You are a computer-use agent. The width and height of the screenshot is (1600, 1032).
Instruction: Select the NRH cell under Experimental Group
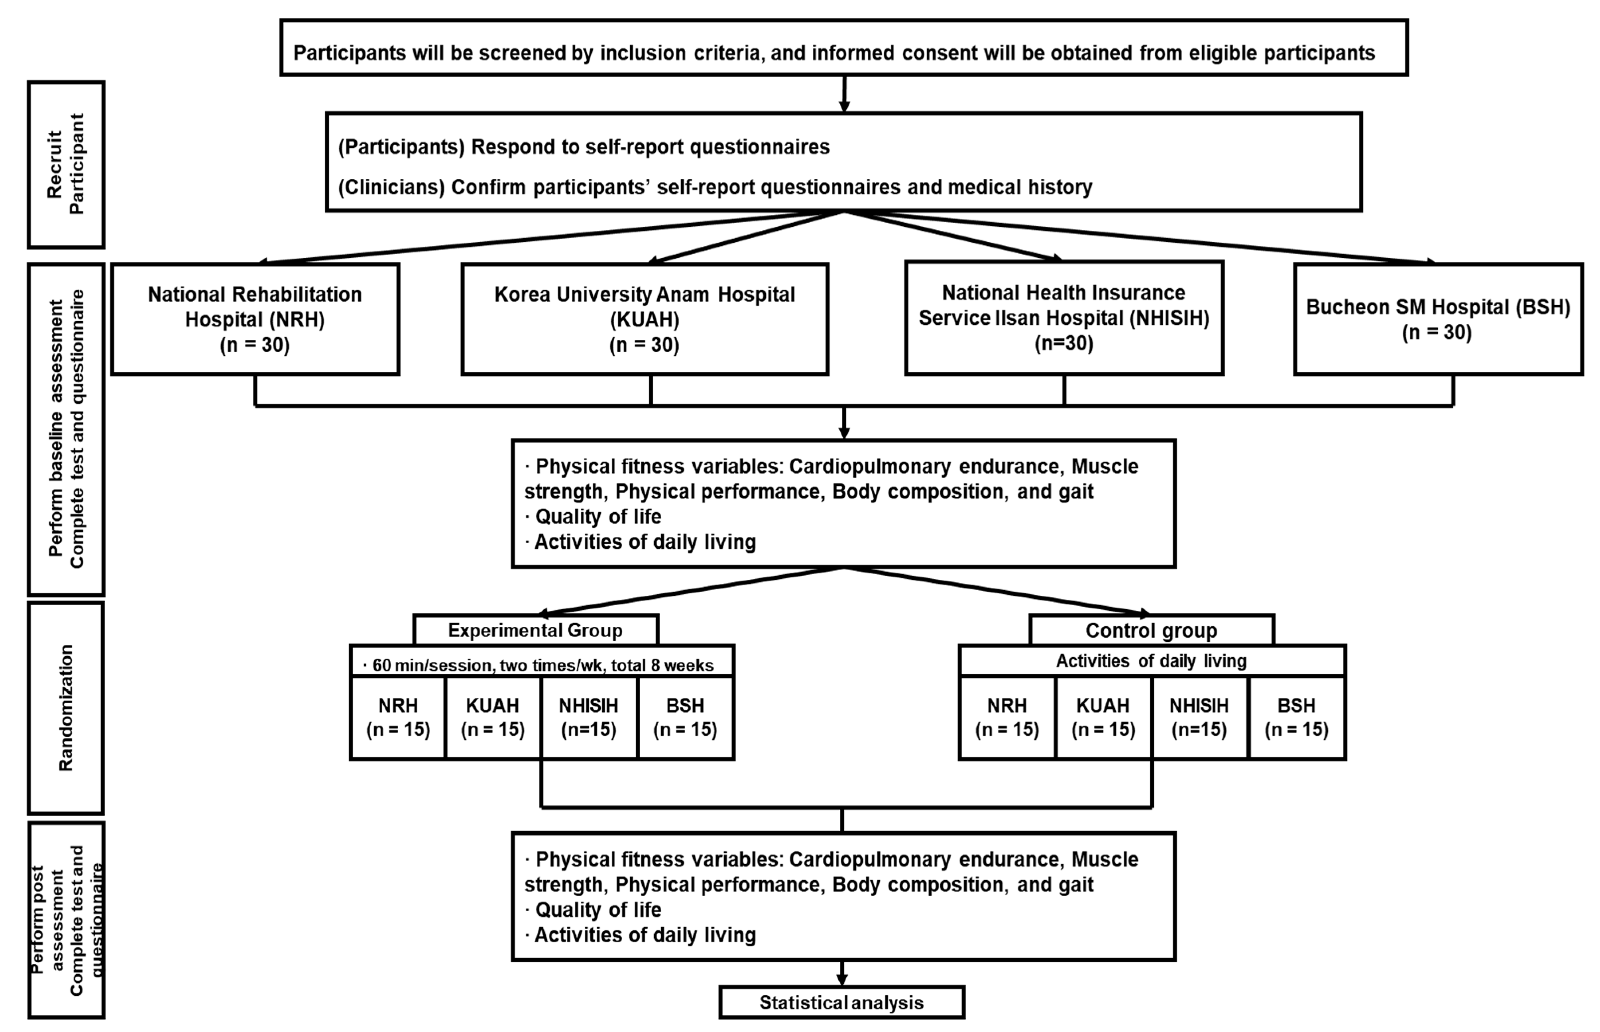point(398,717)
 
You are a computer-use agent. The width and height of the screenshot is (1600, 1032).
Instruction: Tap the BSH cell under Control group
point(1296,717)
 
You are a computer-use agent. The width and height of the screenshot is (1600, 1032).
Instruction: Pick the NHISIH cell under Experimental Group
point(588,717)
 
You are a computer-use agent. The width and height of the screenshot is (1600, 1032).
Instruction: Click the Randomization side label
point(66,708)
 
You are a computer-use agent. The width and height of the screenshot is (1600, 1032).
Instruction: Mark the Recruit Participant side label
point(66,164)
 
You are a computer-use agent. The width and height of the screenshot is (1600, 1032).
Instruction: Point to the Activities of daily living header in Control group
point(1150,661)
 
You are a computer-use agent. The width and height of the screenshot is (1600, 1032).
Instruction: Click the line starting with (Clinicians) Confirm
point(715,187)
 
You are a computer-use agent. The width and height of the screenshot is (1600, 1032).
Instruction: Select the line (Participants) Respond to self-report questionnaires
point(583,147)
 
